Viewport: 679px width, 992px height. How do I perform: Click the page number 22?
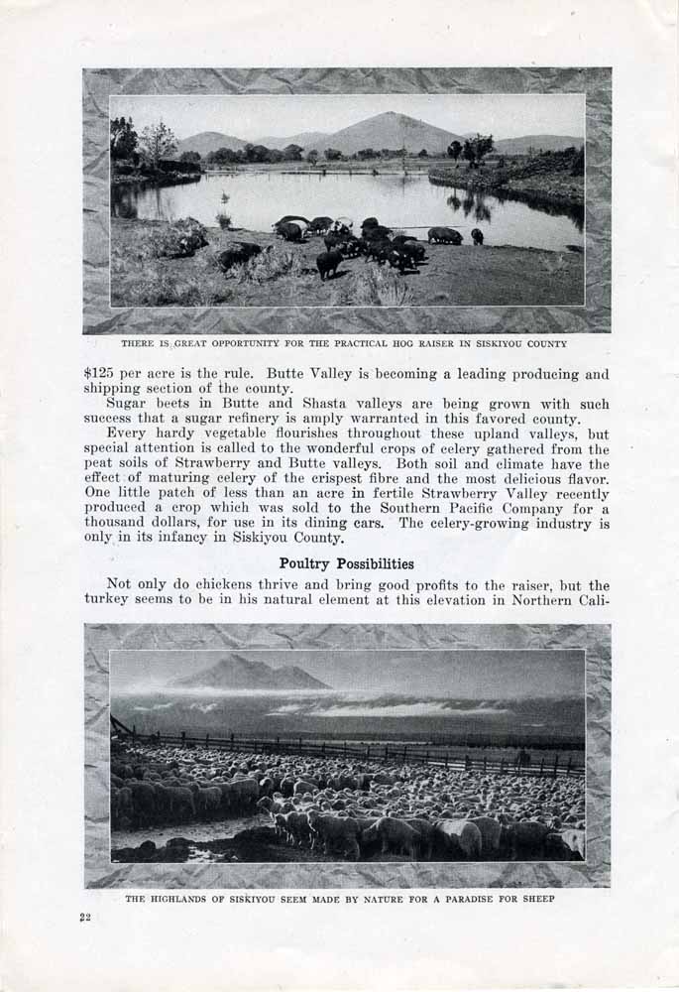pos(85,917)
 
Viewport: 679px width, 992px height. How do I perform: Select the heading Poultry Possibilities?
pos(346,563)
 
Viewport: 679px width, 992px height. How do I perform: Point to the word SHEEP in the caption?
pos(535,899)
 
